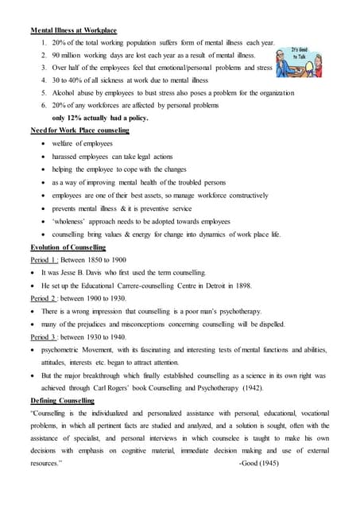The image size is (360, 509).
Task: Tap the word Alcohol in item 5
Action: [x=65, y=92]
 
